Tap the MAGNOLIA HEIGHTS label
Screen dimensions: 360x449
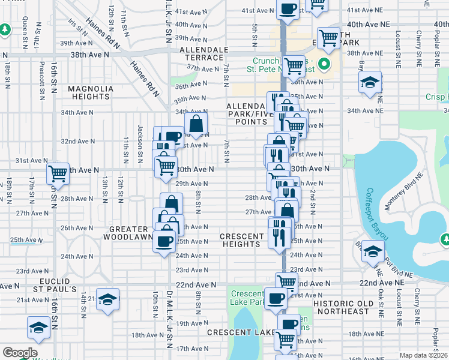pyautogui.click(x=91, y=94)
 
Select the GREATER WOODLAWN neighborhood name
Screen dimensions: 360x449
pyautogui.click(x=128, y=233)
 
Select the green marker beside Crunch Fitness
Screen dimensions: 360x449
pyautogui.click(x=325, y=64)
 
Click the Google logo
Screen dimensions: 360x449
pyautogui.click(x=20, y=352)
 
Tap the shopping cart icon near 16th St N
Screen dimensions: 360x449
pyautogui.click(x=58, y=173)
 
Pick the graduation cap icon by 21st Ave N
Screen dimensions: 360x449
pyautogui.click(x=107, y=298)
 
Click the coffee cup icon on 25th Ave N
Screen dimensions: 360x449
pyautogui.click(x=163, y=241)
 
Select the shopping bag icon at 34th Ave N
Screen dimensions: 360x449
pyautogui.click(x=196, y=124)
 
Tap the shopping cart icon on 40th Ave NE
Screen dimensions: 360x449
pyautogui.click(x=328, y=38)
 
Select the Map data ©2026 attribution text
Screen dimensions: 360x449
pyautogui.click(x=424, y=355)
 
